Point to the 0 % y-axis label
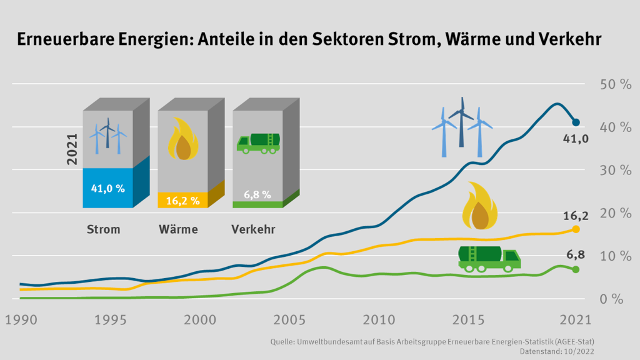611,299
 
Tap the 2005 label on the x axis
290,319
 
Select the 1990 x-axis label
21,319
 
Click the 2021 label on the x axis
575,319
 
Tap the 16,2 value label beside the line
576,216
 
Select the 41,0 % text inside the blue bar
107,187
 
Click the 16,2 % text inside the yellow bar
182,201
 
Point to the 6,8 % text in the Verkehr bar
257,195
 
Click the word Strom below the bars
103,229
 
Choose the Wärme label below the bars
178,229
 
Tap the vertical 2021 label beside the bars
72,149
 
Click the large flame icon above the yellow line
479,206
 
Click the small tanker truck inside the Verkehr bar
257,143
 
